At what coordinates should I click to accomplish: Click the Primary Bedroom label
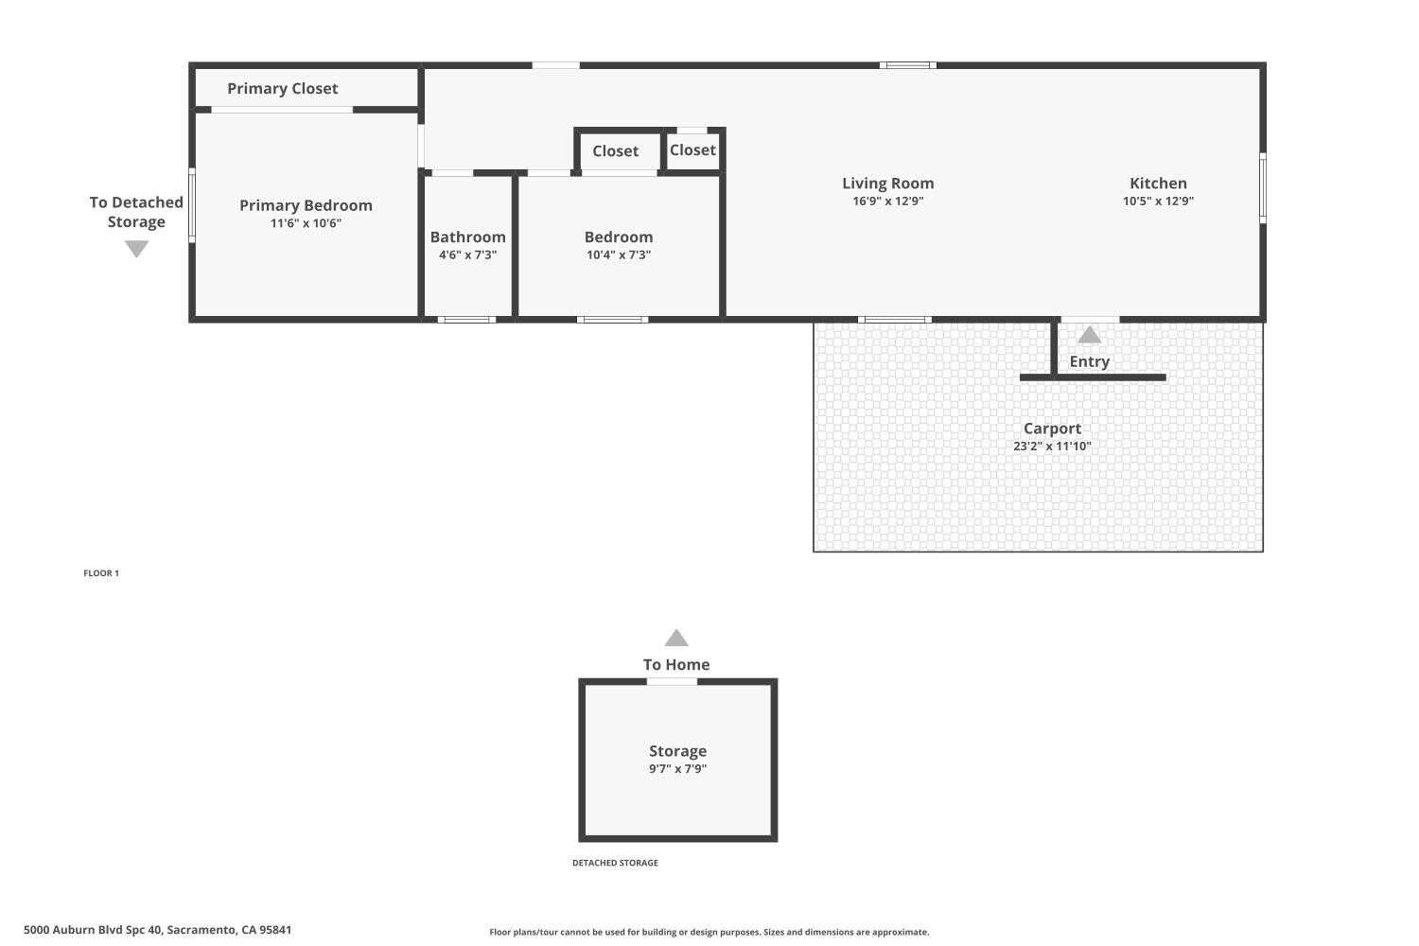tap(306, 205)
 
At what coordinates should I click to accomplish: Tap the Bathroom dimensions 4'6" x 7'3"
tap(467, 254)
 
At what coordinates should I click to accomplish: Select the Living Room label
tap(887, 184)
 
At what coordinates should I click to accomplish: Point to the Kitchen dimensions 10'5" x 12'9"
tap(1158, 201)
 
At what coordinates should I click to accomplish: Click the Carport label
tap(1052, 429)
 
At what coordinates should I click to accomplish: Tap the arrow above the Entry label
tap(1090, 335)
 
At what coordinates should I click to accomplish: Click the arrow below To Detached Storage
tap(136, 249)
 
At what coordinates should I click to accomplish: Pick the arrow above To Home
tap(676, 639)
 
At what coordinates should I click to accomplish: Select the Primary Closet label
tap(282, 88)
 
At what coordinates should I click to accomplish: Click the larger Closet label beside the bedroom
tap(615, 151)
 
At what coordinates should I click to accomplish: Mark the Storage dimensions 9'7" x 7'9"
tap(677, 769)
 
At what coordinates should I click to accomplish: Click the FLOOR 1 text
tap(101, 573)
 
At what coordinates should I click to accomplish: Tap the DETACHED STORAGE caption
tap(615, 863)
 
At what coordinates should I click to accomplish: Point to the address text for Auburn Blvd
tap(157, 930)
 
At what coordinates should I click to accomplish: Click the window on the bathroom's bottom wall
tap(466, 320)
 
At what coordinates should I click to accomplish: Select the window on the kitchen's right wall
tap(1263, 188)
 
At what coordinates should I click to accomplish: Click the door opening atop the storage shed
tap(672, 681)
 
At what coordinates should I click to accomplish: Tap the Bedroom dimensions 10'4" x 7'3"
tap(619, 254)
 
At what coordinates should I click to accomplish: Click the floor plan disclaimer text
tap(709, 932)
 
